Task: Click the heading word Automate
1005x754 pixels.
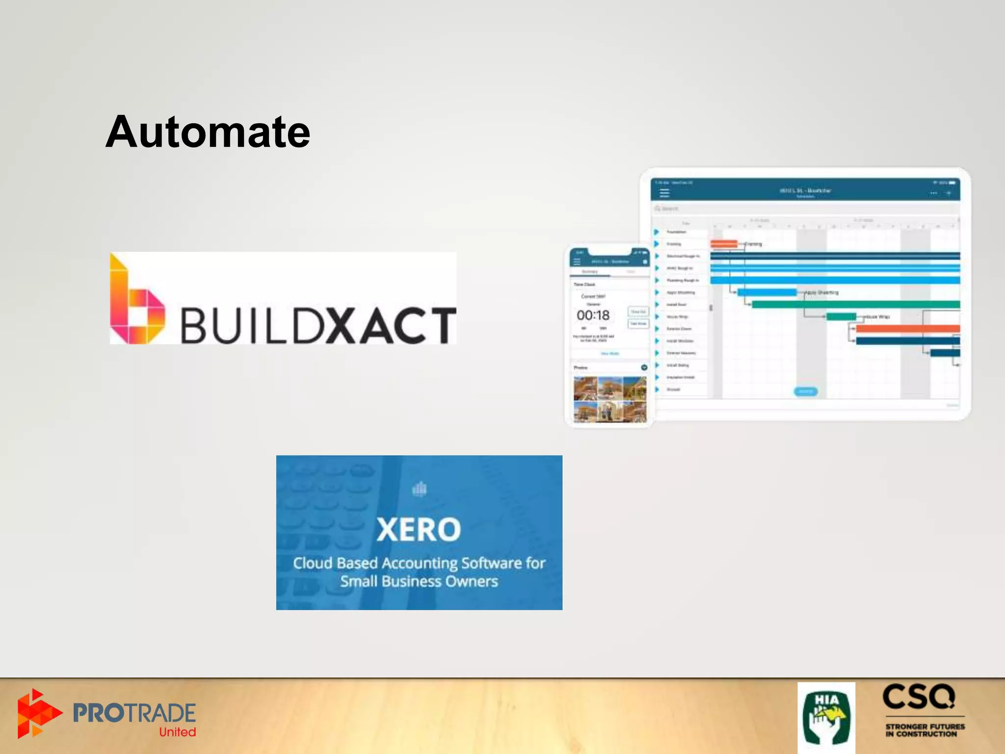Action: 208,132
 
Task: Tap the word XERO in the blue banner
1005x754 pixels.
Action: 419,530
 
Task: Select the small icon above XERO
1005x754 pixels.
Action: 420,489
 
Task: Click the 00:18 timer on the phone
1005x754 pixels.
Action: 593,315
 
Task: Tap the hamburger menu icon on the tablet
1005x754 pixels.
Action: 664,192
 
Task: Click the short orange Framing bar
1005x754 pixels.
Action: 724,243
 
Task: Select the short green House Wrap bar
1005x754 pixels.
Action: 841,317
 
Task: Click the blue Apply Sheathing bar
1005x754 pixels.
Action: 767,293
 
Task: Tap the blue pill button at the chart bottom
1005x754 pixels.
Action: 806,391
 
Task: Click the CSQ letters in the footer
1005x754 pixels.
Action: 919,697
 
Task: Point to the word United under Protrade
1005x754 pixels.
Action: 177,732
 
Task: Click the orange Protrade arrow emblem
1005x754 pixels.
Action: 37,713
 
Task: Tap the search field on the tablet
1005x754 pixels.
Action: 805,209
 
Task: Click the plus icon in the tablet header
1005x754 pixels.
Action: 949,193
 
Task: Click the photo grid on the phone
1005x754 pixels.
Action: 610,399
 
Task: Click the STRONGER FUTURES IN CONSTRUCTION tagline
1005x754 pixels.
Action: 925,730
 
